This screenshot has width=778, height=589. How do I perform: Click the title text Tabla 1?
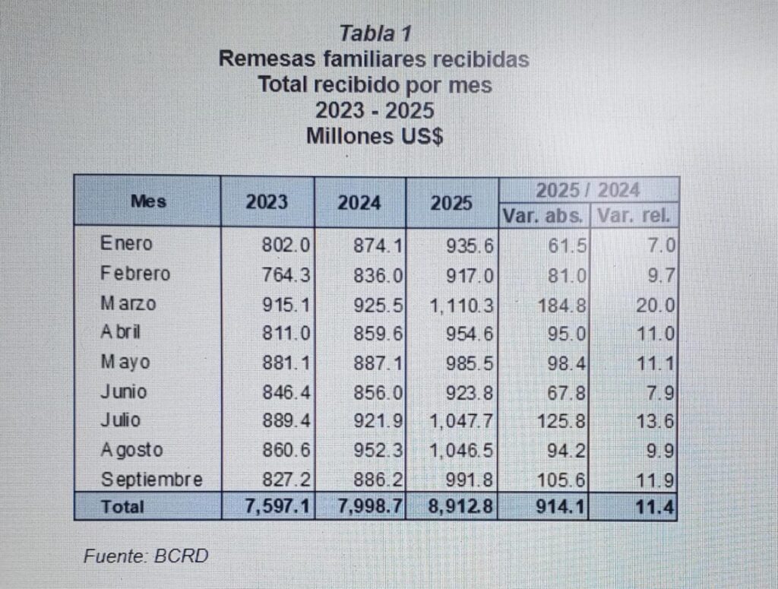click(375, 33)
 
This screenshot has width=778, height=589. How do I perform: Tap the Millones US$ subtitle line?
click(375, 136)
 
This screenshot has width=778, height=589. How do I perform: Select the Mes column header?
click(148, 202)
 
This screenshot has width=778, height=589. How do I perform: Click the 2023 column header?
click(267, 202)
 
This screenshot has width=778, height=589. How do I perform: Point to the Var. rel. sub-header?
click(634, 215)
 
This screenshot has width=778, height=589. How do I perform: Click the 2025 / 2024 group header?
click(588, 189)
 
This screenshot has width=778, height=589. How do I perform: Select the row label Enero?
click(126, 244)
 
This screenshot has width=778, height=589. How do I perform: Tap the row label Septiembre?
click(151, 480)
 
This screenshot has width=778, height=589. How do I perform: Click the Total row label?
click(122, 505)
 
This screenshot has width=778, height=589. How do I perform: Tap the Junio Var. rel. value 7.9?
click(660, 391)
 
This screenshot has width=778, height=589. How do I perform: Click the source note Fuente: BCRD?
click(145, 556)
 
